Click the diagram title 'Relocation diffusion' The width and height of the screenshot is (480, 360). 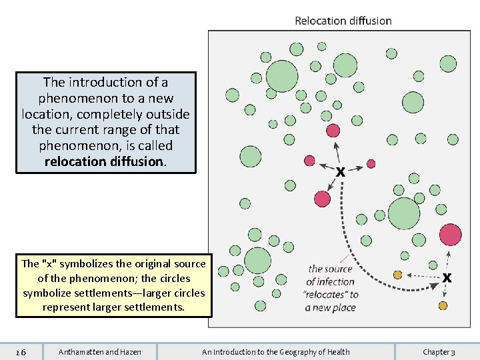[343, 21]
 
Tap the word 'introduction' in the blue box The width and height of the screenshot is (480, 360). [105, 82]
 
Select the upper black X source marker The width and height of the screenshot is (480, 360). [340, 172]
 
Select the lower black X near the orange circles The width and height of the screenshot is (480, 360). [447, 277]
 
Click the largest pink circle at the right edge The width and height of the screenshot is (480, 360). [451, 235]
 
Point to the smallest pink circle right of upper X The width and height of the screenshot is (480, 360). [371, 163]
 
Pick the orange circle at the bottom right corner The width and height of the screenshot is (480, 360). [443, 306]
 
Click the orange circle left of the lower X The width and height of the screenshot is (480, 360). [398, 275]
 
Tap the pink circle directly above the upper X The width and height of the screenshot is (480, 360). [333, 131]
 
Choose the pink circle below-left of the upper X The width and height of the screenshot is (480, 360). [323, 198]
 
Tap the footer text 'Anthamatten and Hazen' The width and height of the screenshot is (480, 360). [100, 352]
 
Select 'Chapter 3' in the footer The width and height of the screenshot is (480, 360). [439, 352]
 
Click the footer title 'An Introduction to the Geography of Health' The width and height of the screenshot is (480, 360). [275, 352]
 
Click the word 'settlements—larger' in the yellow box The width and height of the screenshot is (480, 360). [160, 293]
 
